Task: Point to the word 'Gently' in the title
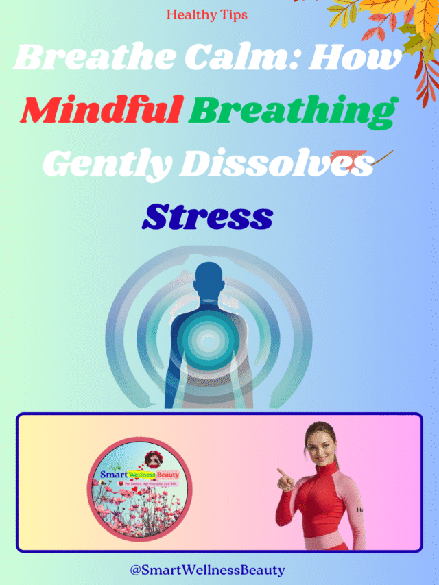[x=109, y=163]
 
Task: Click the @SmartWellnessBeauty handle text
[x=207, y=569]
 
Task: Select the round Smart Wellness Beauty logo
[x=139, y=489]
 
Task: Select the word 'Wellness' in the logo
[x=141, y=473]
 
